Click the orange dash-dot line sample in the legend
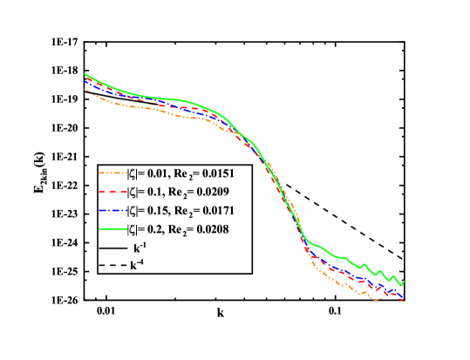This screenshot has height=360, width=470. click(x=112, y=172)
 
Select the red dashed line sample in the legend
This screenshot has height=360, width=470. click(x=112, y=191)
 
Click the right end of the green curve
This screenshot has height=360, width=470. click(x=404, y=282)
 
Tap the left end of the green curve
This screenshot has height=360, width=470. click(x=85, y=74)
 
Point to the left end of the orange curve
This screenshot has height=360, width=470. click(x=85, y=89)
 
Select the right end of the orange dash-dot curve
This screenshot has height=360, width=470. click(x=403, y=300)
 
